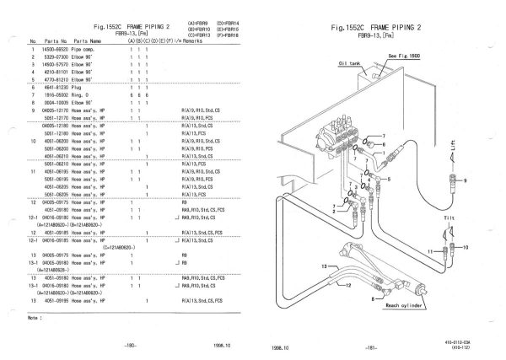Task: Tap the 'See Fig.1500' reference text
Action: point(407,54)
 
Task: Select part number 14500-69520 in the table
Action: point(57,52)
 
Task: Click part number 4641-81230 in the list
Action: point(57,88)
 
